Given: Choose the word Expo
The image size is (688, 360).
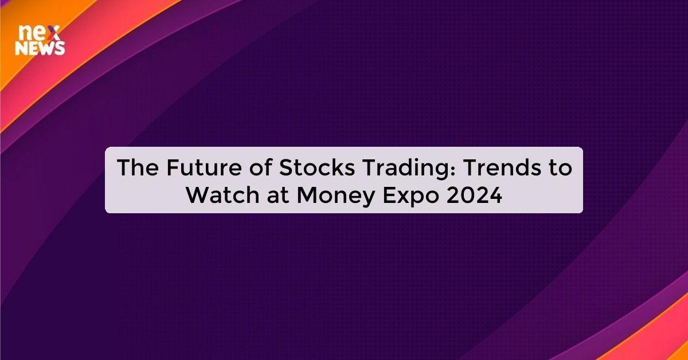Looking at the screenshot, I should [408, 195].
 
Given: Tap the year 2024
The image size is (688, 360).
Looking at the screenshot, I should [473, 195].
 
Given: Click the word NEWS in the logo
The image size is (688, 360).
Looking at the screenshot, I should [40, 49].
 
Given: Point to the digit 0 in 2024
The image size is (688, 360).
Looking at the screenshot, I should [464, 195].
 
